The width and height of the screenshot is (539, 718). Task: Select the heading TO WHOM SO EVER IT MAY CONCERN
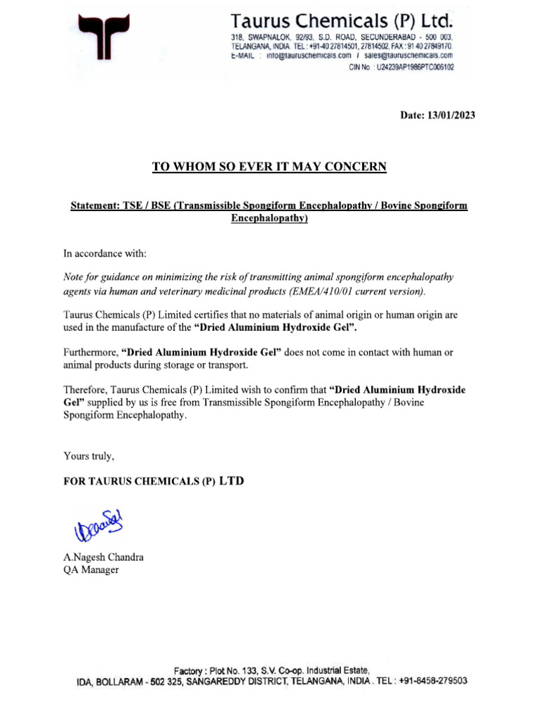(x=269, y=166)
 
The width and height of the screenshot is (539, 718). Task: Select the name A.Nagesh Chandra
(x=103, y=557)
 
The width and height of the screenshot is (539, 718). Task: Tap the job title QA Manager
(x=91, y=570)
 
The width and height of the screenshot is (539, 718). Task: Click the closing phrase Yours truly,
(x=88, y=456)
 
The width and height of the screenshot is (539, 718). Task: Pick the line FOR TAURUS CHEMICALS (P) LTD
(x=154, y=482)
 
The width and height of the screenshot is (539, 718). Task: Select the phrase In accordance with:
(x=105, y=252)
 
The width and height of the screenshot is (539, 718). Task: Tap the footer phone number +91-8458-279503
(x=433, y=681)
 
